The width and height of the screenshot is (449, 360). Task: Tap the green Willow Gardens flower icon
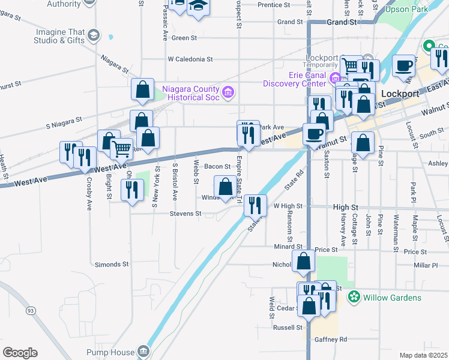[x=354, y=297]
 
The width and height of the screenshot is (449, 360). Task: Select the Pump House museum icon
[x=143, y=350]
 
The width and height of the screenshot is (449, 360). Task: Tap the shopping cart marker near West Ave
[x=121, y=148]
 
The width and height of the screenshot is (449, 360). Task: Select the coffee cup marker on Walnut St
[x=313, y=133]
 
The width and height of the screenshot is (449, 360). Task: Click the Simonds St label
[x=112, y=264]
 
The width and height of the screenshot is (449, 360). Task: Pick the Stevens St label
[x=185, y=214]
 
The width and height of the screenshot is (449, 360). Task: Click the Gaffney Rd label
[x=331, y=340]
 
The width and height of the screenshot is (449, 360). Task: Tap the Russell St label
[x=288, y=328]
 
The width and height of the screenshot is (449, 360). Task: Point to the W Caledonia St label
[x=190, y=59]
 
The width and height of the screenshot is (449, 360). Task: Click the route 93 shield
[x=31, y=310]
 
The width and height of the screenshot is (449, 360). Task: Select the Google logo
[x=20, y=353]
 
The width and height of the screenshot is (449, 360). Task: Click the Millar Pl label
[x=426, y=265]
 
